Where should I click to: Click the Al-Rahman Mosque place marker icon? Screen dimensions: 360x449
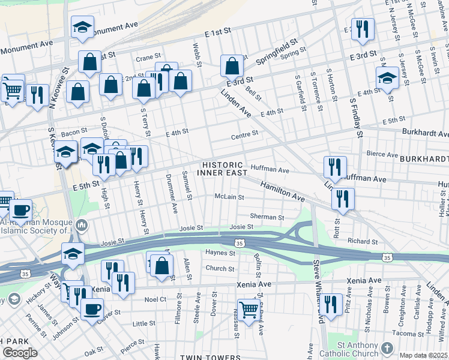(82, 226)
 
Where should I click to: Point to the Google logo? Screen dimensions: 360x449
(20, 353)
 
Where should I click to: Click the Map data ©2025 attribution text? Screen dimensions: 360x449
(423, 355)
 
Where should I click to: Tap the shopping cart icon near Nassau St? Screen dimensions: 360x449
(248, 310)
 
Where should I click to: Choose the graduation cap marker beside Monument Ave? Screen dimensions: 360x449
(82, 27)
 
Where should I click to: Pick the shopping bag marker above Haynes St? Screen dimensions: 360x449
(161, 265)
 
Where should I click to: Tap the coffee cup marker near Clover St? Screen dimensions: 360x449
(92, 310)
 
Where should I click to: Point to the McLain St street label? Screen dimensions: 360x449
(229, 197)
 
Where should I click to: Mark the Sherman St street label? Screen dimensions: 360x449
(267, 217)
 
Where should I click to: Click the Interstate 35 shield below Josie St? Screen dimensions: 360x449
(240, 243)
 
